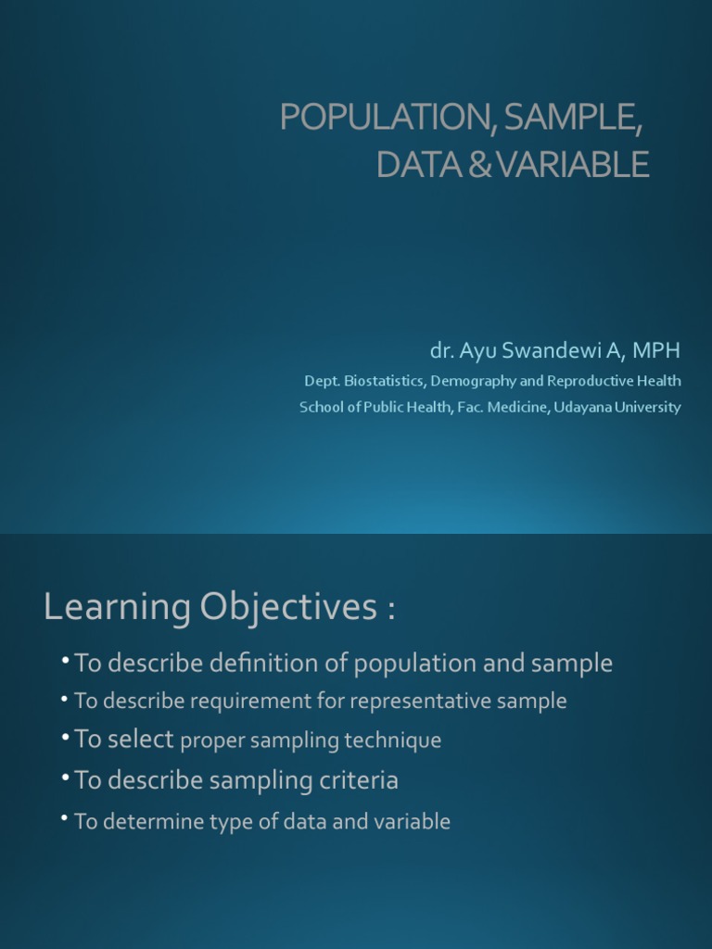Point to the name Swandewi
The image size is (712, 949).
pyautogui.click(x=546, y=351)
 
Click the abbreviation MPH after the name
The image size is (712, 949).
pyautogui.click(x=658, y=351)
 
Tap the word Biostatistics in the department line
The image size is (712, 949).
pyautogui.click(x=393, y=381)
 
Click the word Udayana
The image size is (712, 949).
pyautogui.click(x=583, y=407)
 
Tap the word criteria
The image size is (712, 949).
pyautogui.click(x=359, y=780)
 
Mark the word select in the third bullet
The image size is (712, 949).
pyautogui.click(x=140, y=739)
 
